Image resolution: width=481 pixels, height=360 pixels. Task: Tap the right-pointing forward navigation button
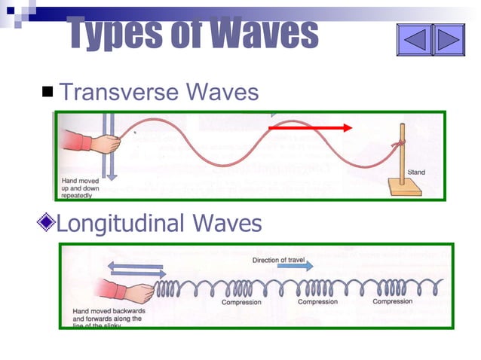click(x=449, y=38)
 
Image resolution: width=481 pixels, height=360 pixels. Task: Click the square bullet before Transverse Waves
click(x=48, y=93)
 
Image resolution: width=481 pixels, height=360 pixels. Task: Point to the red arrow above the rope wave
click(x=310, y=128)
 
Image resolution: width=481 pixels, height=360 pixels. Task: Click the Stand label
click(x=415, y=172)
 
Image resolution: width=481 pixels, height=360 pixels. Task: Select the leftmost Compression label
click(x=241, y=303)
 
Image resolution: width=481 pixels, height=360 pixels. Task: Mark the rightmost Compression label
click(x=393, y=302)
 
